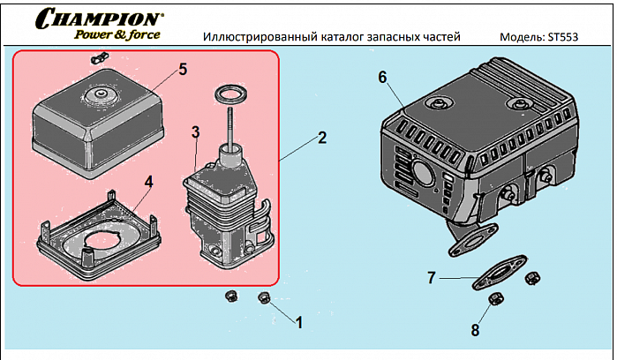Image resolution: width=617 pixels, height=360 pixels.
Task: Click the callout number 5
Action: point(183,68)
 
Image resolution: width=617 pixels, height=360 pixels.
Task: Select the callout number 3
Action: point(196,131)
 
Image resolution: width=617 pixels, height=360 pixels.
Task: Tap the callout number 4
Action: point(149,181)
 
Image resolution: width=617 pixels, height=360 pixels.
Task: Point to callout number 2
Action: point(322,138)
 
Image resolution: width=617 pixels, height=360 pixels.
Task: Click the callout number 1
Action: point(298,323)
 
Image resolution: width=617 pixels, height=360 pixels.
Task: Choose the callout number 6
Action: point(382,77)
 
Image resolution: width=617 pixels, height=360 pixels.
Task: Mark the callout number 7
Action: point(431,278)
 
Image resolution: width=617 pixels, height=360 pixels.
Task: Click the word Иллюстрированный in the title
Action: point(254,38)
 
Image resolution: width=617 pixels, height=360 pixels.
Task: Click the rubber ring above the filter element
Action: point(230,93)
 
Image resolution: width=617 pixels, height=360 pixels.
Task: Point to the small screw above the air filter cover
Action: point(96,60)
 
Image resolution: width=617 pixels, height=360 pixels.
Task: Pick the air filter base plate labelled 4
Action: point(102,234)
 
